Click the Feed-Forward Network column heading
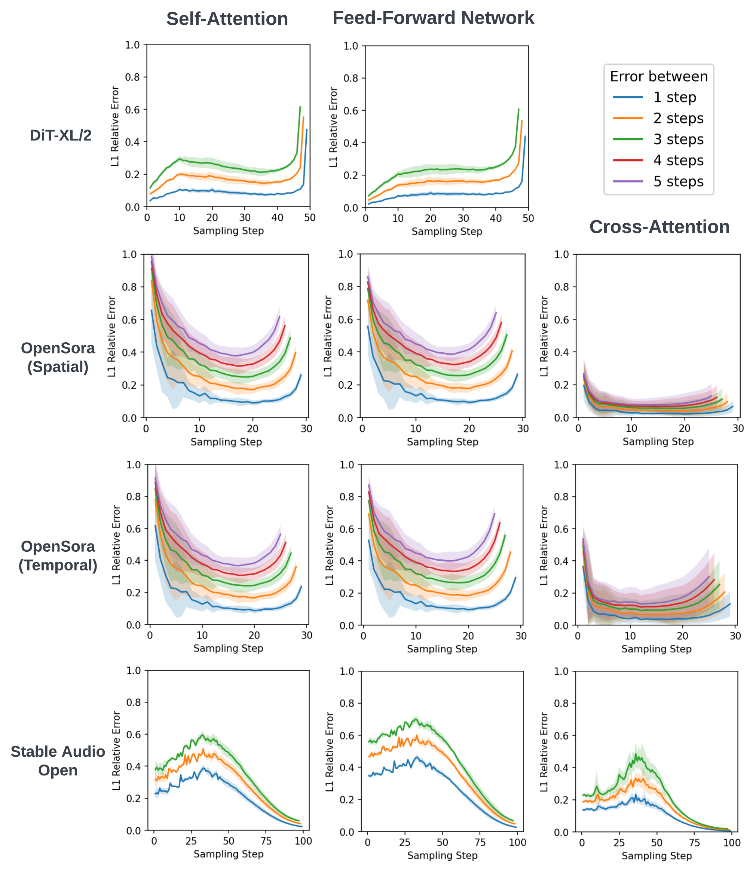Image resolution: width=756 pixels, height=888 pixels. (x=433, y=18)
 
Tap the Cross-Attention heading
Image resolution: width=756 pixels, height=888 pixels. (x=659, y=227)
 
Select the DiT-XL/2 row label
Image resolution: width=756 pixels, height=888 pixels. (x=61, y=135)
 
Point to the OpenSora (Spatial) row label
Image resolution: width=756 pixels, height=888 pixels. (x=58, y=358)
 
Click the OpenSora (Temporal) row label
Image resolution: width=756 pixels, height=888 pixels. (x=58, y=556)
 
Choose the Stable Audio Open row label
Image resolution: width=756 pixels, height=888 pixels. (x=58, y=761)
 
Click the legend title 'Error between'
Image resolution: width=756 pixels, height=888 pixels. (x=659, y=77)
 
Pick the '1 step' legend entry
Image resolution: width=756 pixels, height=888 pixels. (x=674, y=97)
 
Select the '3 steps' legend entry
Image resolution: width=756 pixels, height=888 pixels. (x=678, y=139)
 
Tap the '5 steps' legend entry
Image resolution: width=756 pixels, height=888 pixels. (x=678, y=182)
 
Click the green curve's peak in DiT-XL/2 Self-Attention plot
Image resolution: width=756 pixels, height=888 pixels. (x=300, y=107)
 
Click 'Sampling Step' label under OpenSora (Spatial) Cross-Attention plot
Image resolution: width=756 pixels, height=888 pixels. (x=658, y=442)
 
